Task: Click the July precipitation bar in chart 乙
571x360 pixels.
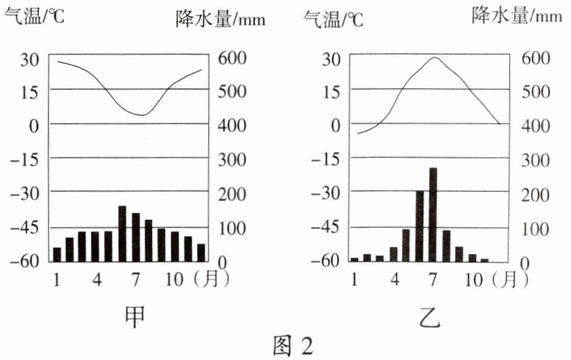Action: point(433,215)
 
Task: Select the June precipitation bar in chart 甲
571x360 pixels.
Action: point(122,234)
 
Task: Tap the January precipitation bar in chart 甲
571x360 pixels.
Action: point(57,254)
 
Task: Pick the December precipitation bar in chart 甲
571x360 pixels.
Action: point(201,252)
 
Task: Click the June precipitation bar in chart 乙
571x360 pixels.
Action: point(420,226)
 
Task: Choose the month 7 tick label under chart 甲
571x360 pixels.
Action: point(136,279)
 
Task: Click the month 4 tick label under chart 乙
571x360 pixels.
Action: point(395,279)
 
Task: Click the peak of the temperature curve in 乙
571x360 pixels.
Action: point(434,57)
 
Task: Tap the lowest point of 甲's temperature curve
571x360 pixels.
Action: point(143,115)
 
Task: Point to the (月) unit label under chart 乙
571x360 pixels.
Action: point(506,279)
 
